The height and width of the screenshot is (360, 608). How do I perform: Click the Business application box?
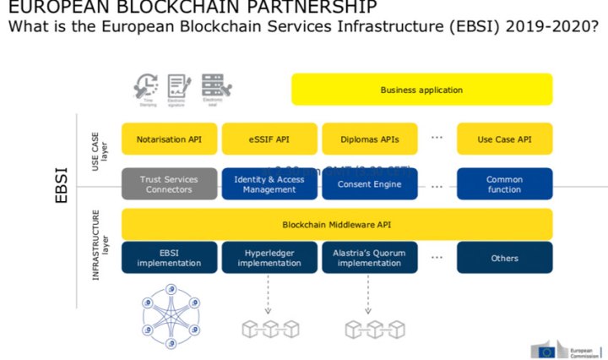421,90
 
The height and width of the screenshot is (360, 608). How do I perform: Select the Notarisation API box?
169,139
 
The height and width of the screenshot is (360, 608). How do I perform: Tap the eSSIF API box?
269,139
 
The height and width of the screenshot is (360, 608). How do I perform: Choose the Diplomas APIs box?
368,139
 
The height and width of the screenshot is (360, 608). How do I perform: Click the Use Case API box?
504,139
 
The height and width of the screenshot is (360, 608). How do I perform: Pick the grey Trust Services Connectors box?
169,184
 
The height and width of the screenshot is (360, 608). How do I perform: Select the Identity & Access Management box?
269,184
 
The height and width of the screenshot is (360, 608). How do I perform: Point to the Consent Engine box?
368,184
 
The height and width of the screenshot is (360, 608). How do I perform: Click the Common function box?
504,184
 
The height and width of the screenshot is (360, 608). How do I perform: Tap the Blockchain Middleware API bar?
337,224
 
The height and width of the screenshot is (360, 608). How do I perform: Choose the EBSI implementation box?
169,258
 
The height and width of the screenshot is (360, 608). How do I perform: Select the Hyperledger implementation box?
269,258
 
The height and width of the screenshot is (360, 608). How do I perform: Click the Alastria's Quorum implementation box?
368,258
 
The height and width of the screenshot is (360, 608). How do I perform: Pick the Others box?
504,258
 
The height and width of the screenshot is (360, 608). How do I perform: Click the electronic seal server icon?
212,85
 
